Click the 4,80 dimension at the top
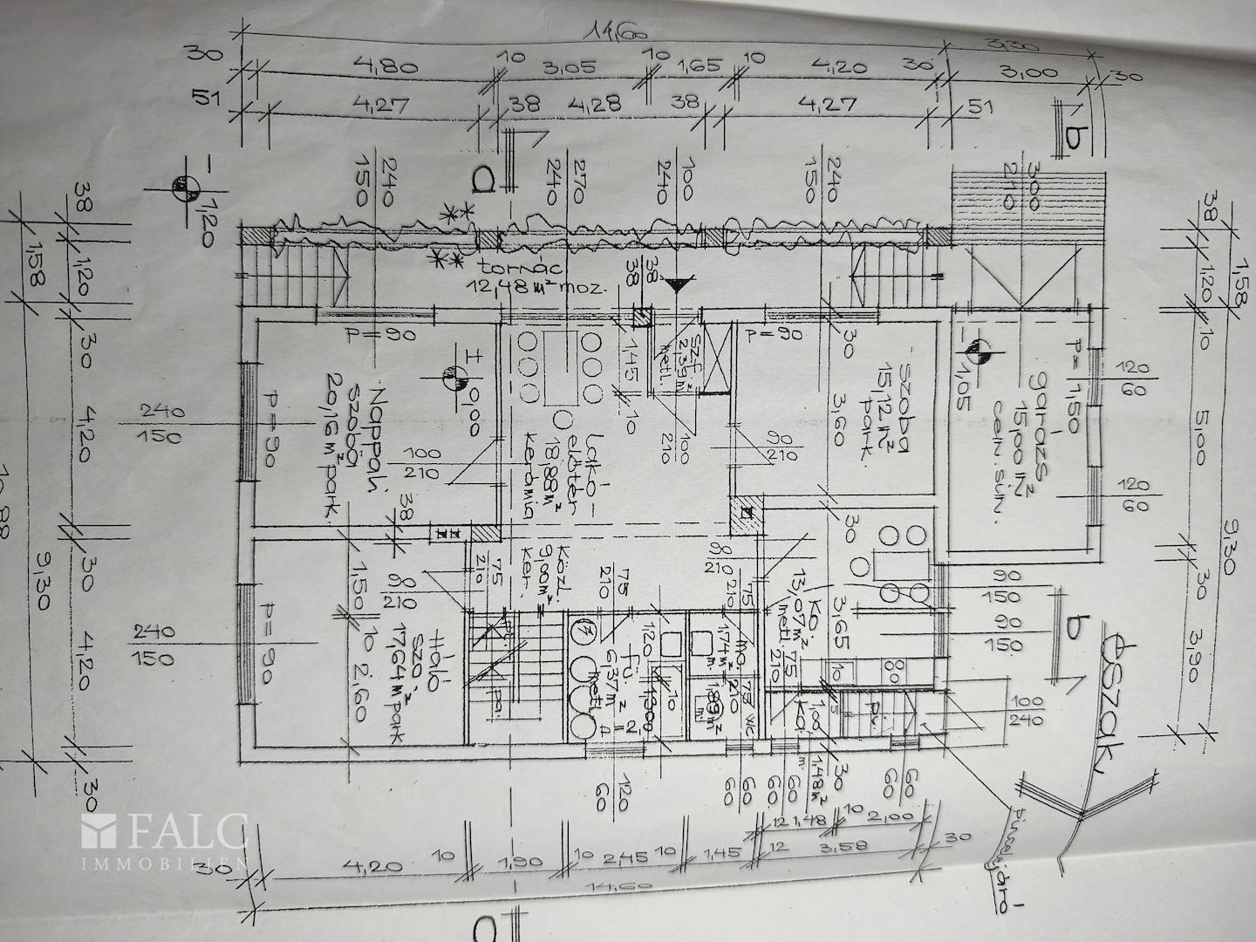[x=380, y=66]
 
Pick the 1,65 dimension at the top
[x=706, y=66]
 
